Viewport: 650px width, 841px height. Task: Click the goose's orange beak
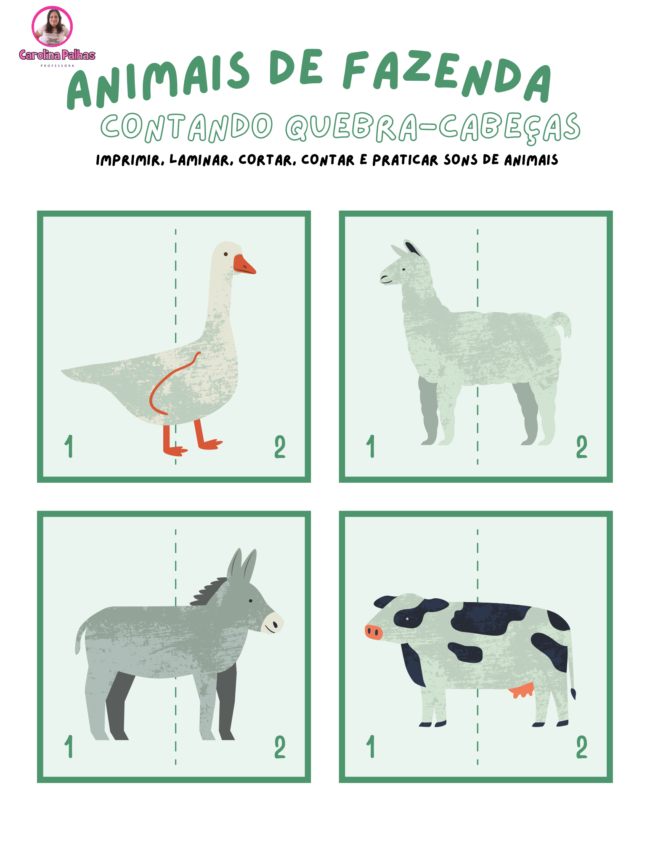coord(244,265)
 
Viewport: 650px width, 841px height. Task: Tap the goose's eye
coord(226,254)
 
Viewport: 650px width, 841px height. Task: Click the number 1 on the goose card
coord(69,446)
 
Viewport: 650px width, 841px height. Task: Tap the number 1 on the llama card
coord(371,446)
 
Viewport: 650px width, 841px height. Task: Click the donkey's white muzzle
coord(272,622)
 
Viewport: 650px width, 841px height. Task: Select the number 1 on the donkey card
coord(69,746)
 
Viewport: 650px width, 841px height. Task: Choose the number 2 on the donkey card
coord(280,747)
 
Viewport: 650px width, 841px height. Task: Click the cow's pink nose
coord(373,632)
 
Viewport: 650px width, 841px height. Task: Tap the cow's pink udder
coord(522,690)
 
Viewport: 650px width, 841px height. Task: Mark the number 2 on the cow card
coord(582,747)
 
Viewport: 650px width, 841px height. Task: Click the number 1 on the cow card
coord(371,746)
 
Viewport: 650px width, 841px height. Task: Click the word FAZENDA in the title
coord(447,76)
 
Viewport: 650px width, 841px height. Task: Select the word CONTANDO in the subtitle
coord(187,127)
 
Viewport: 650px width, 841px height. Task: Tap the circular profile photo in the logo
coord(52,26)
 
